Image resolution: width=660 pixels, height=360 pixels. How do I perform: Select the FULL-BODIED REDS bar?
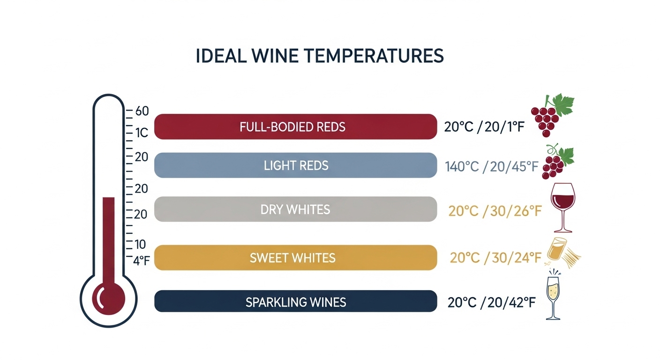click(295, 127)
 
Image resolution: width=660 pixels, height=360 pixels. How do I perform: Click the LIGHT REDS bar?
click(295, 165)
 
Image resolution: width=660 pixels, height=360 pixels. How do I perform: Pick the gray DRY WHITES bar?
click(295, 209)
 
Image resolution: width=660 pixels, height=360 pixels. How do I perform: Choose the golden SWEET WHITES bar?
click(295, 257)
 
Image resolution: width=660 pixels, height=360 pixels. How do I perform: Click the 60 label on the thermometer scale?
click(141, 112)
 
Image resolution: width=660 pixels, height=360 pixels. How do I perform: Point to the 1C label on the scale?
click(141, 133)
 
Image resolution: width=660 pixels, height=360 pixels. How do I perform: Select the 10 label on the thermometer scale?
click(140, 244)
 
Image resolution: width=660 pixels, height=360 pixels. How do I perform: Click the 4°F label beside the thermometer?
click(141, 261)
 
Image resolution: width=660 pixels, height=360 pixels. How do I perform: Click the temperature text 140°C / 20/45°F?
click(490, 166)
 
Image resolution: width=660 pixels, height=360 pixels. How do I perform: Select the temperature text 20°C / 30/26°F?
click(495, 211)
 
